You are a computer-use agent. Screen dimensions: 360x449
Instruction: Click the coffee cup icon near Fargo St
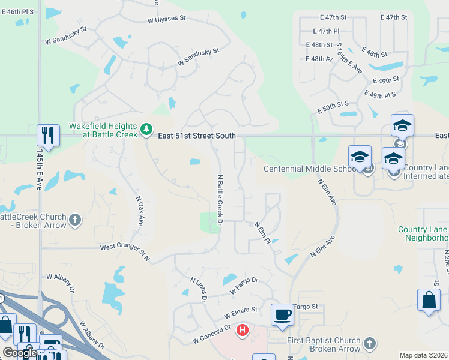click(x=282, y=314)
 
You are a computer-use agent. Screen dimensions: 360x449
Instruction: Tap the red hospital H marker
click(x=243, y=330)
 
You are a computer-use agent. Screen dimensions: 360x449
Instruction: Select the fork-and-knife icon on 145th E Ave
click(x=47, y=135)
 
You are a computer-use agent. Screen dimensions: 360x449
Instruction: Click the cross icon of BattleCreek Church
click(x=74, y=220)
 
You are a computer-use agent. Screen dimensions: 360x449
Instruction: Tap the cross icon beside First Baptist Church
click(x=370, y=344)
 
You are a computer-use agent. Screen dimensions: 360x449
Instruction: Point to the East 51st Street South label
click(x=197, y=136)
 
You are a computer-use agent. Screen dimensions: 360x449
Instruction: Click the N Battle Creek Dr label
click(x=220, y=200)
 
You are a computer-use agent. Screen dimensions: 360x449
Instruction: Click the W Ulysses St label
click(x=167, y=19)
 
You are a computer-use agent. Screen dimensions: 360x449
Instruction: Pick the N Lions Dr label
click(x=199, y=289)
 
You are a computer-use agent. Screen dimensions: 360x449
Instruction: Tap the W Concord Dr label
click(x=211, y=335)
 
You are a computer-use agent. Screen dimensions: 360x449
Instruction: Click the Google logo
click(x=20, y=353)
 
